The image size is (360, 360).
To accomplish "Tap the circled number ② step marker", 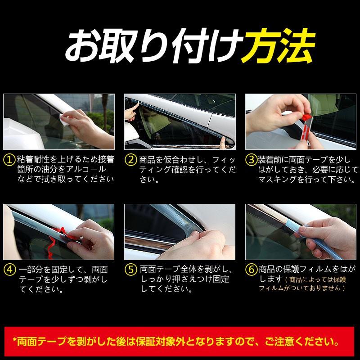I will point(130,160).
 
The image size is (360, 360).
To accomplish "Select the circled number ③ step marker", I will point(251,160).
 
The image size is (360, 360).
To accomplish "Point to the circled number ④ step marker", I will point(9,270).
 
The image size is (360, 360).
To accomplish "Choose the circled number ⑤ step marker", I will point(130,270).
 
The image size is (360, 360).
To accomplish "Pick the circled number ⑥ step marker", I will point(251,270).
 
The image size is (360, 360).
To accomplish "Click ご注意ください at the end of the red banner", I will point(310,338).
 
